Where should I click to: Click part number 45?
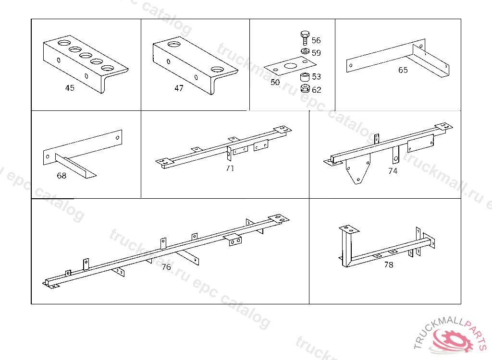tap(70, 88)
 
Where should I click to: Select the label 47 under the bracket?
tap(179, 88)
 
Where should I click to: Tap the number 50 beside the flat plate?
tap(275, 83)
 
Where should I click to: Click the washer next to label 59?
tap(305, 52)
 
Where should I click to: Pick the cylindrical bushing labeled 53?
tap(304, 77)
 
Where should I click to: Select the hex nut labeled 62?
tap(304, 89)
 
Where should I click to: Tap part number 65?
tap(403, 70)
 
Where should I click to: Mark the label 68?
tap(61, 176)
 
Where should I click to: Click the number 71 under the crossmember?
tap(230, 168)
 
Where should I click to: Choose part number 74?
tap(393, 171)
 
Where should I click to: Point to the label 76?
tap(166, 267)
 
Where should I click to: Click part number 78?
tap(388, 264)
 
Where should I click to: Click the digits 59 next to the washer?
tap(316, 53)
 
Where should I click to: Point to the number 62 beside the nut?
tap(317, 90)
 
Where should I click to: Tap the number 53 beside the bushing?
tap(316, 77)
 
